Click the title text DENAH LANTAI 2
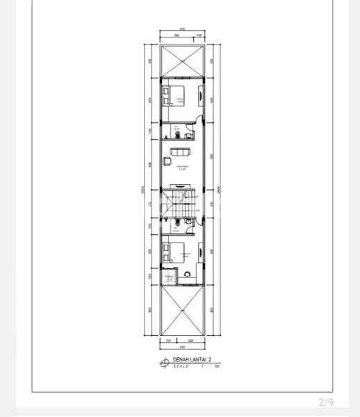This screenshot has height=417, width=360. (x=191, y=360)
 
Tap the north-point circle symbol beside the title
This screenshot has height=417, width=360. (x=165, y=361)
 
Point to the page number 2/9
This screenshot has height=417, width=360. (x=326, y=402)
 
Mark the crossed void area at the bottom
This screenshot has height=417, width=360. (x=181, y=313)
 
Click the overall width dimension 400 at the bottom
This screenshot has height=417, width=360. (x=181, y=346)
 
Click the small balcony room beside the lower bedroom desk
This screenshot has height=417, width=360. (x=167, y=279)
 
